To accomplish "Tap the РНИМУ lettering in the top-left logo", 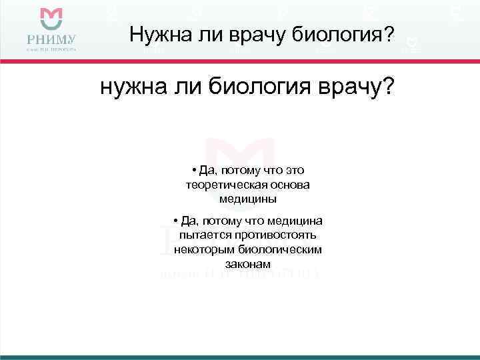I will [x=51, y=38].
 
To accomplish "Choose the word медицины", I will [x=247, y=199].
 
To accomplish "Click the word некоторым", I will [x=201, y=249].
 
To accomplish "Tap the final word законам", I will [x=247, y=263].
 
